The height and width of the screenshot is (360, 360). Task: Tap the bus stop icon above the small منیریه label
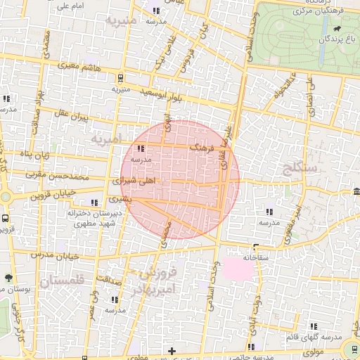point(122,78)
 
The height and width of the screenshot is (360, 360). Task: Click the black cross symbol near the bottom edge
point(172,351)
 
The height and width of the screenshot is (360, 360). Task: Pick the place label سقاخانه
point(257,257)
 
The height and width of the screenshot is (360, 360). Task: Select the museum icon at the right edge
point(357,192)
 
